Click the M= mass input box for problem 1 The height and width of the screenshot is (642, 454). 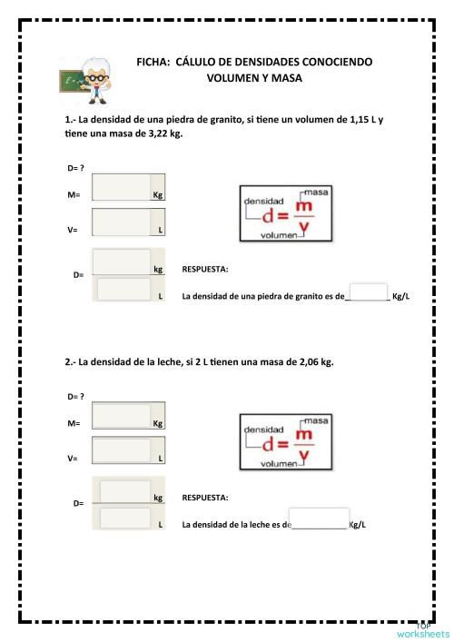click(x=121, y=188)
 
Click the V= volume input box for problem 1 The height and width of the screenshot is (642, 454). click(x=121, y=223)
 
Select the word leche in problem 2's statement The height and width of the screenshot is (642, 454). click(x=161, y=361)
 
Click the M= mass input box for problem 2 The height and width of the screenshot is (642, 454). click(x=121, y=416)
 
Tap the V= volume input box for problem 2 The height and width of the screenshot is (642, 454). click(x=121, y=451)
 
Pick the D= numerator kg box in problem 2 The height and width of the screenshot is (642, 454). click(x=124, y=491)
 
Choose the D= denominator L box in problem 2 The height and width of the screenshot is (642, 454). click(x=124, y=519)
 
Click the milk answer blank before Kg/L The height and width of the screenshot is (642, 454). click(x=318, y=519)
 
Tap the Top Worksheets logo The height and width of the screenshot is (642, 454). click(x=422, y=629)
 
